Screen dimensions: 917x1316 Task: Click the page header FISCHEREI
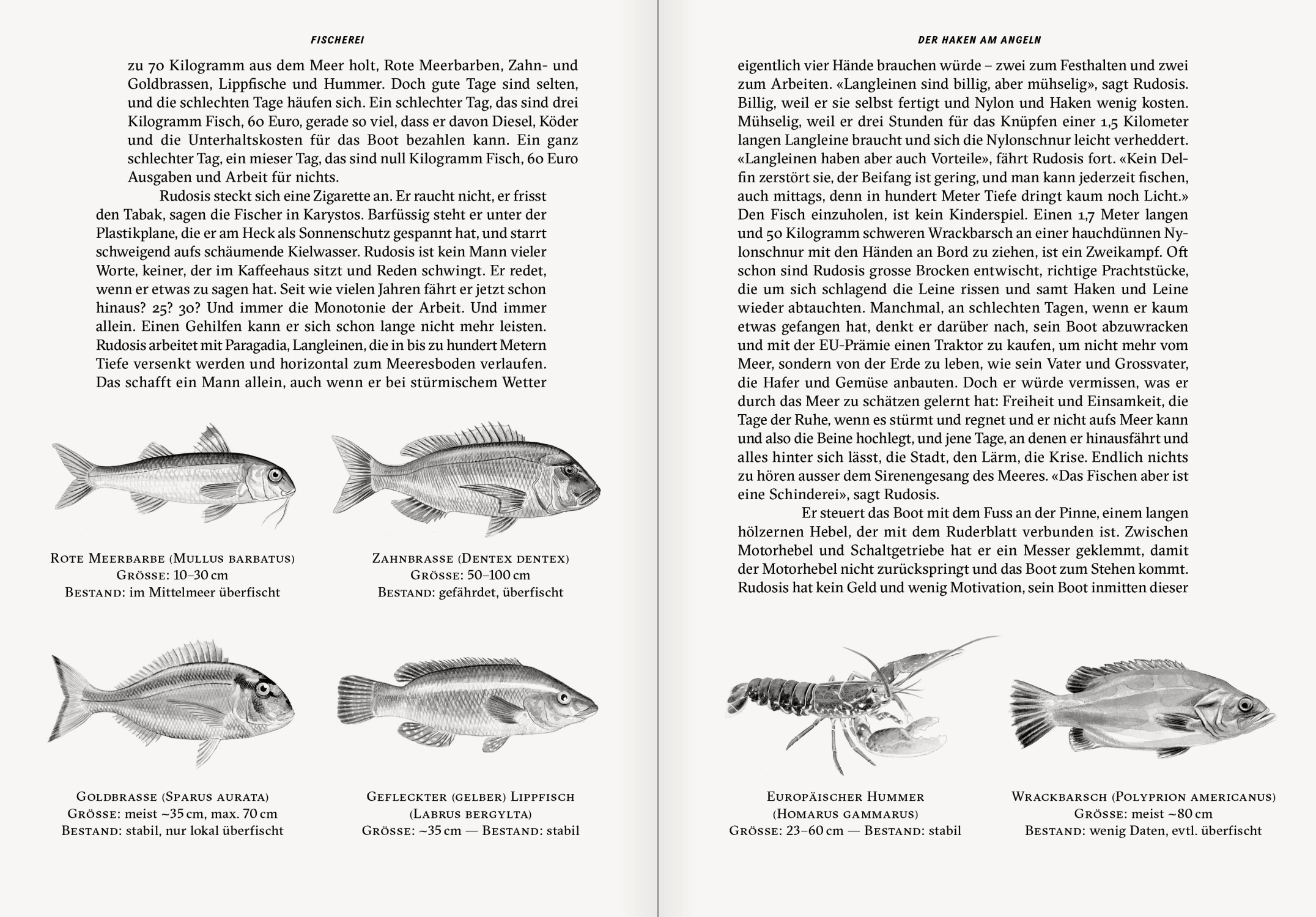point(337,40)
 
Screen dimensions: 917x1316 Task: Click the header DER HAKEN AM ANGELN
point(980,40)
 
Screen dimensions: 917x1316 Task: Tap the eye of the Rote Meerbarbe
point(275,474)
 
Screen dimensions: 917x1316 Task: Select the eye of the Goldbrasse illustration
point(264,689)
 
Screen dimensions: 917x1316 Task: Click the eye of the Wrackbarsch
point(1244,705)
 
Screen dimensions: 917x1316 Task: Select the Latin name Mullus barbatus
point(233,559)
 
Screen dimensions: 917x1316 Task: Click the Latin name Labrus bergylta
point(470,814)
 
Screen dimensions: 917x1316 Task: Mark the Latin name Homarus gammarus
point(845,814)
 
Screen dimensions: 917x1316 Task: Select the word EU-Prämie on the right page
point(827,345)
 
